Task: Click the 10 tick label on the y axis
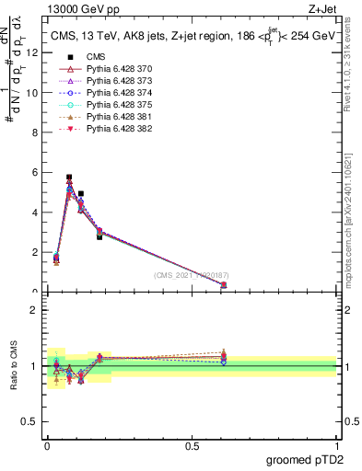tap(35, 92)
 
